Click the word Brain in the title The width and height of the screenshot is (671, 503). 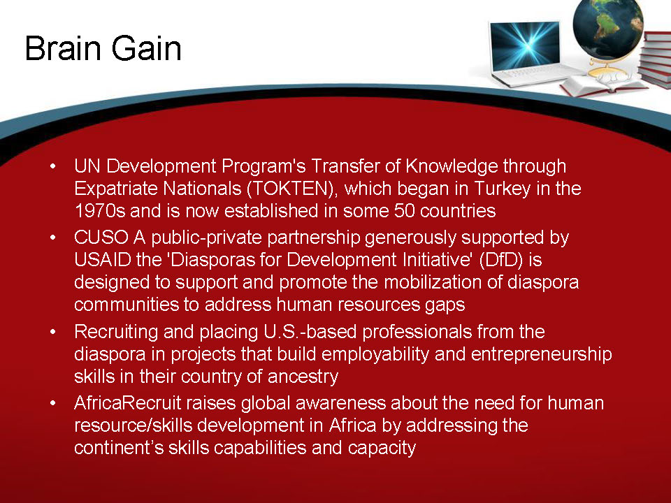click(x=62, y=49)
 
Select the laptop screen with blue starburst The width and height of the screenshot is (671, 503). click(x=525, y=44)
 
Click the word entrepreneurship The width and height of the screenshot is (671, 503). click(x=542, y=354)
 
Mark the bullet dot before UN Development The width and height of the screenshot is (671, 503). click(x=53, y=168)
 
